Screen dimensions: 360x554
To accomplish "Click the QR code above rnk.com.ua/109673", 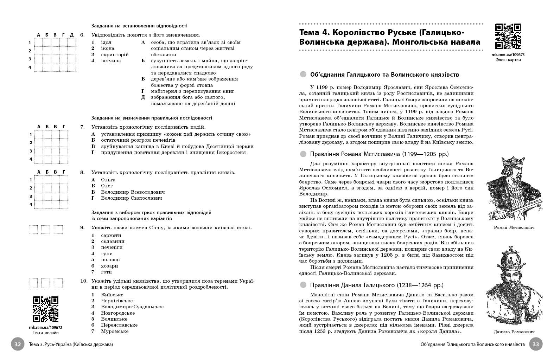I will tap(508, 37).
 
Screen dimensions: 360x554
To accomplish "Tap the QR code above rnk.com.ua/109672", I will tap(45, 309).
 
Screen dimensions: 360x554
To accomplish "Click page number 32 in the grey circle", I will tap(18, 345).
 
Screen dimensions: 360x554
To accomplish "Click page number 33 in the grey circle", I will tap(536, 345).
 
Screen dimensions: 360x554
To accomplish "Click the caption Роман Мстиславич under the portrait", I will tap(514, 227).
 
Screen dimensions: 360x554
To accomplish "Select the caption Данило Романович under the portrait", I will tap(514, 332).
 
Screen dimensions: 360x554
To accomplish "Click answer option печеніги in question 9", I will tap(112, 247).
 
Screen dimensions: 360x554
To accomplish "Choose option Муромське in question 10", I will tap(115, 331).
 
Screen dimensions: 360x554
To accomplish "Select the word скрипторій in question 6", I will tap(115, 54).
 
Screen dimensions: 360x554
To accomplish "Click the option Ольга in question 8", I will tap(108, 180).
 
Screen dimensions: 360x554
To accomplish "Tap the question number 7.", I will tap(82, 127).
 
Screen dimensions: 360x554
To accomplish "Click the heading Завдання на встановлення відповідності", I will tap(139, 26).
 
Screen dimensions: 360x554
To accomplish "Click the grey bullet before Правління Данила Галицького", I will tap(303, 285).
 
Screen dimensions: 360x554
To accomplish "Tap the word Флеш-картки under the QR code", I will tap(508, 60).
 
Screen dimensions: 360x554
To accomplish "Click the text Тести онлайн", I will tap(45, 333).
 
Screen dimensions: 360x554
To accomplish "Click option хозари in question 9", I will tap(109, 266).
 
